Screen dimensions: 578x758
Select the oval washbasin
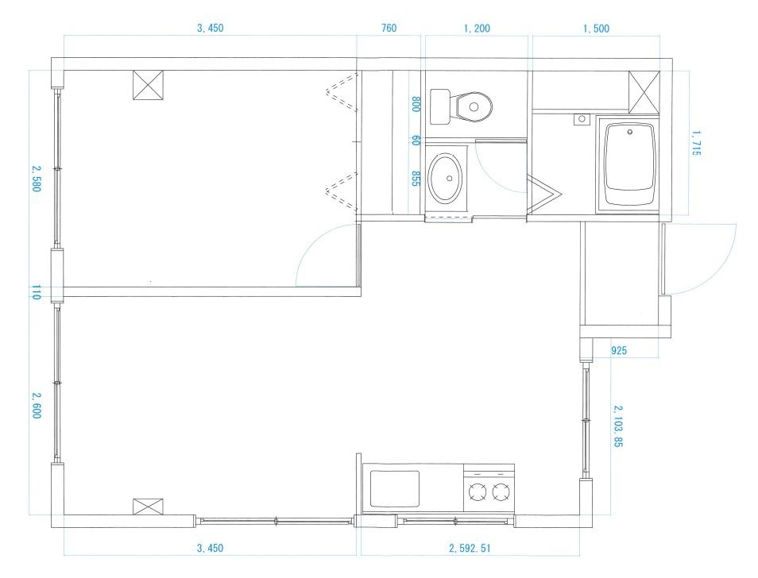(445, 177)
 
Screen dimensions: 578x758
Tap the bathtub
(629, 164)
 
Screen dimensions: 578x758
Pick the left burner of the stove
(477, 493)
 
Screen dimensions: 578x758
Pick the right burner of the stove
(500, 493)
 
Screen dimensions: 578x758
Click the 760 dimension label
(389, 29)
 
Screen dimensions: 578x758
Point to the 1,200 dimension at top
(476, 29)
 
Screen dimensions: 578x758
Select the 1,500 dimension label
(596, 29)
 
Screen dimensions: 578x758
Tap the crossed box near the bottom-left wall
(149, 507)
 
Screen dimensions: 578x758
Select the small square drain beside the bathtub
(581, 119)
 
